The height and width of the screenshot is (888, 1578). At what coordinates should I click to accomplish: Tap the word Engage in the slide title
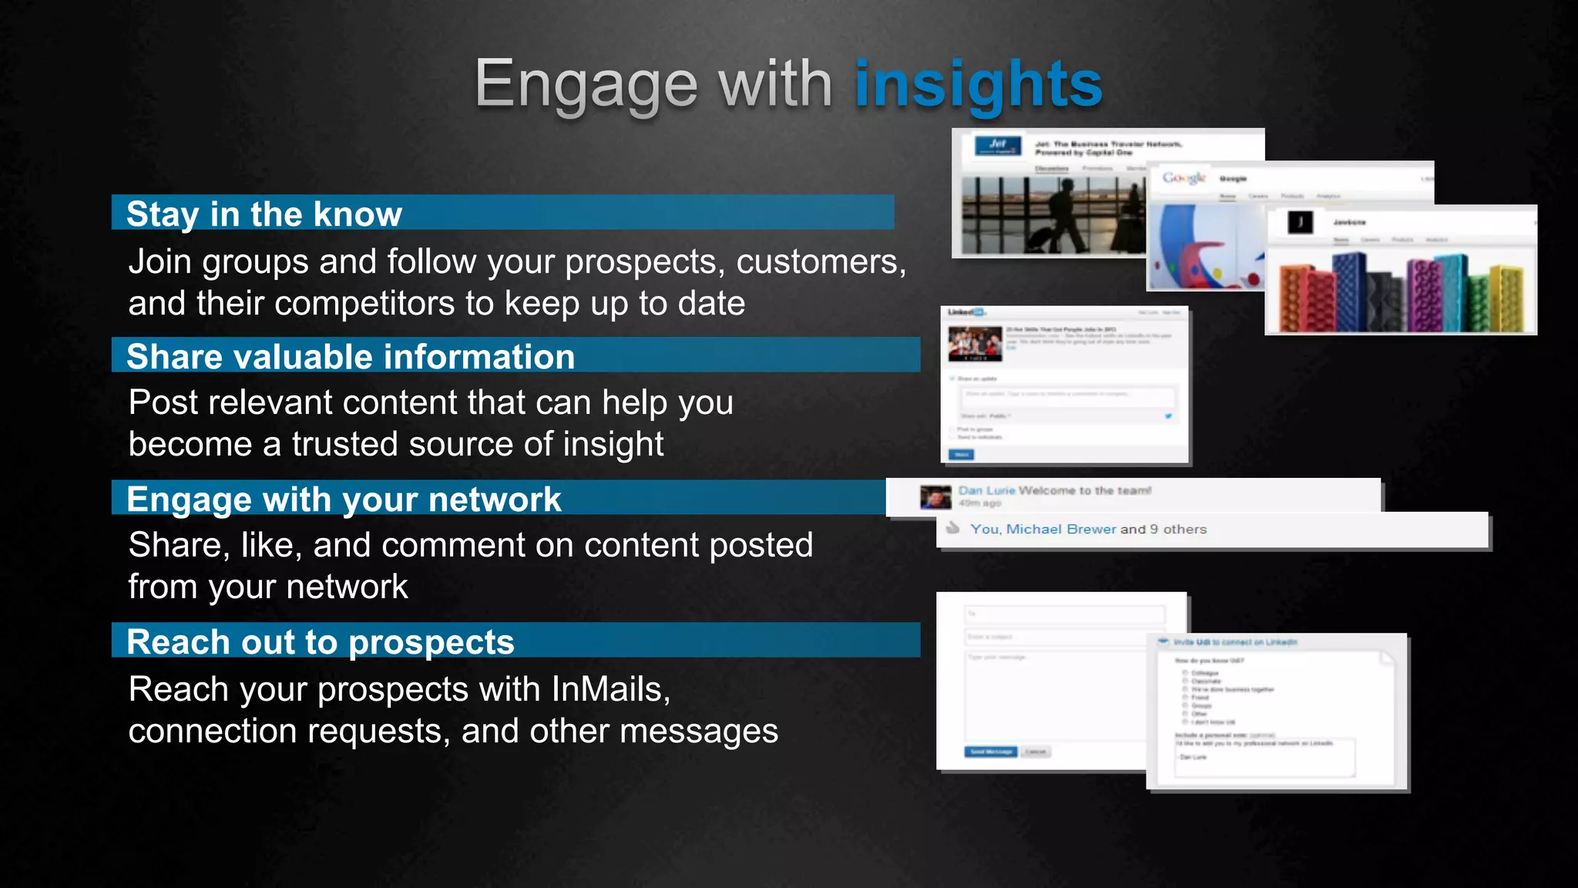coord(586,85)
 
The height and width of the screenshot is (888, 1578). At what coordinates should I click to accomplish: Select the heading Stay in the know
coord(264,214)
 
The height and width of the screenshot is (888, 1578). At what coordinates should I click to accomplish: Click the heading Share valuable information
coord(351,356)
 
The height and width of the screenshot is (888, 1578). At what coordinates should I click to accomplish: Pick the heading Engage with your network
coord(344,499)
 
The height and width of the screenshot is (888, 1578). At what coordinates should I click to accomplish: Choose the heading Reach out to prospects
coord(320,641)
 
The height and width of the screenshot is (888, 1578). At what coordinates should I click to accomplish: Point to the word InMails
coord(609,688)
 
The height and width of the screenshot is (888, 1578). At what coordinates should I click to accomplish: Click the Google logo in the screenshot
coord(1183,178)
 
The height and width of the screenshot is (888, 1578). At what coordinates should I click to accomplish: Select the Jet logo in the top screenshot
coord(998,145)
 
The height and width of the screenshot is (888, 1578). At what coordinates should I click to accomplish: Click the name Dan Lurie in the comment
coord(986,490)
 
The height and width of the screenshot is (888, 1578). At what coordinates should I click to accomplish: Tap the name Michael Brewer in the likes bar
coord(1061,529)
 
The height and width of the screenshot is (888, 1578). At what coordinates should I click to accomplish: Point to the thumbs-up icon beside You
coord(953,528)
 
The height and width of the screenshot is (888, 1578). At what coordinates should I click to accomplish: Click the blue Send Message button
coord(990,752)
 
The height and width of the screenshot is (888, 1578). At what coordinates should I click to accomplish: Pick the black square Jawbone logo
coord(1301,223)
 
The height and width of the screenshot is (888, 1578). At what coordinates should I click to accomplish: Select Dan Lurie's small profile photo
coord(935,497)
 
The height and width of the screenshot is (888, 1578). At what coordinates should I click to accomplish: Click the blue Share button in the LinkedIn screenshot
coord(962,455)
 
